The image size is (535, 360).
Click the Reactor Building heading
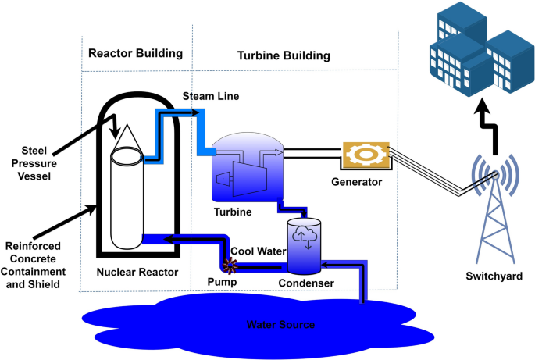tap(135, 53)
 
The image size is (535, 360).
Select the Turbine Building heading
tap(284, 56)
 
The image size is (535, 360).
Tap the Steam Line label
tap(210, 96)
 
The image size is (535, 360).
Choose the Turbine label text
tap(233, 211)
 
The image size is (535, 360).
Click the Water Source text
tap(280, 323)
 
